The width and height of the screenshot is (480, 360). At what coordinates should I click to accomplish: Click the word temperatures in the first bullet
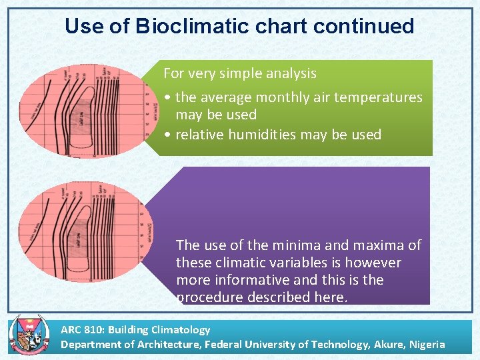(x=380, y=97)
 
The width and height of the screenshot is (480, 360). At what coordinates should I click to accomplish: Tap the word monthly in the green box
(x=295, y=97)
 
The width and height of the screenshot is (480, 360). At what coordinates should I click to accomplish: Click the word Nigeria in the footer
(x=424, y=344)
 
